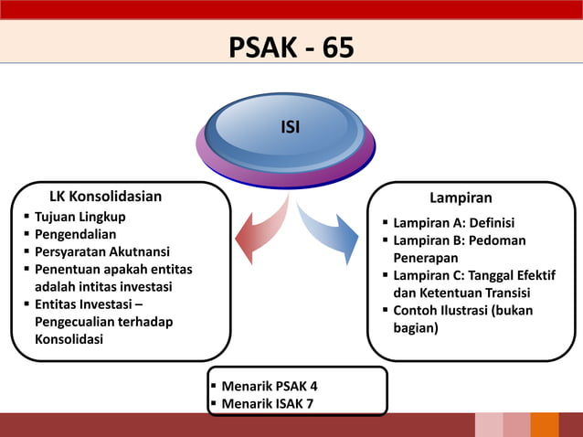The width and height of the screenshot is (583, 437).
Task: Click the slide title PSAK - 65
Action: pyautogui.click(x=291, y=47)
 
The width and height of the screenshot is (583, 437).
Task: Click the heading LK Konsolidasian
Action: pyautogui.click(x=105, y=197)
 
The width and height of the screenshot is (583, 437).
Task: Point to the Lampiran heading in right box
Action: pyautogui.click(x=461, y=198)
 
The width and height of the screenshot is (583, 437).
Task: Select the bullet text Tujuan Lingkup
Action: pyautogui.click(x=80, y=217)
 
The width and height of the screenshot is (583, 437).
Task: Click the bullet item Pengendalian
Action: pyautogui.click(x=75, y=234)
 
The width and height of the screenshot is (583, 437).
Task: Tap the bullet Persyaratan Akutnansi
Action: pyautogui.click(x=101, y=251)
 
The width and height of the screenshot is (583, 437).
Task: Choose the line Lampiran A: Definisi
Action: pyautogui.click(x=453, y=223)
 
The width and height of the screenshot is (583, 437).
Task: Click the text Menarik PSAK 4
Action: pyautogui.click(x=270, y=386)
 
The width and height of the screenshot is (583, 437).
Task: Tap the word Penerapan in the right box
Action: pyautogui.click(x=426, y=258)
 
